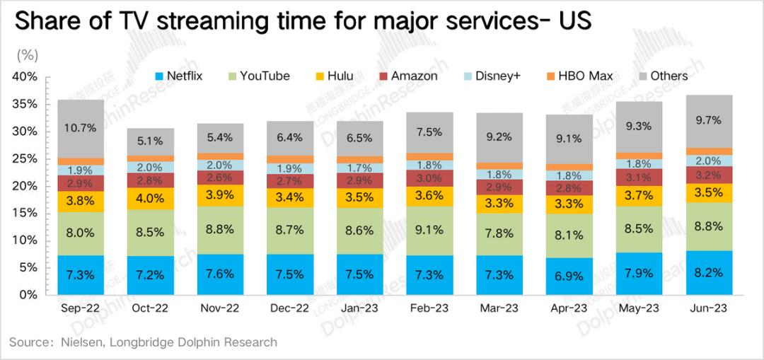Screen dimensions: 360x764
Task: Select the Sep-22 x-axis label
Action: point(80,309)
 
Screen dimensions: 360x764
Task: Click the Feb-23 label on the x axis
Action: point(429,309)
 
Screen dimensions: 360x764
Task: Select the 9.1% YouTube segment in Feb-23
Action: point(429,230)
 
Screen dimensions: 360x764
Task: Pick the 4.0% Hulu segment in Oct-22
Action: point(150,198)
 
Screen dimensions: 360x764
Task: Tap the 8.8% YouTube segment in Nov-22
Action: point(220,230)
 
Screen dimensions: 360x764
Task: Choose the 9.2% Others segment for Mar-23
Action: point(499,138)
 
